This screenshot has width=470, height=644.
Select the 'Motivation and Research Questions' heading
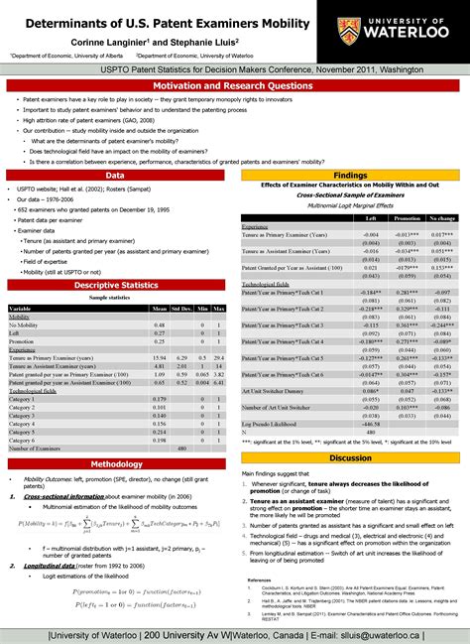[234, 86]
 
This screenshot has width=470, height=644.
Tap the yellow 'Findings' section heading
[350, 173]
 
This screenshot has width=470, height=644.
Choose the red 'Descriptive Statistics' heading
[117, 285]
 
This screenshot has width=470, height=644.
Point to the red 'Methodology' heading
[117, 462]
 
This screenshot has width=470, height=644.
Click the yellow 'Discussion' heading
[350, 457]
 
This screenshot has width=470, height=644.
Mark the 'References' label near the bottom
[261, 579]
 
